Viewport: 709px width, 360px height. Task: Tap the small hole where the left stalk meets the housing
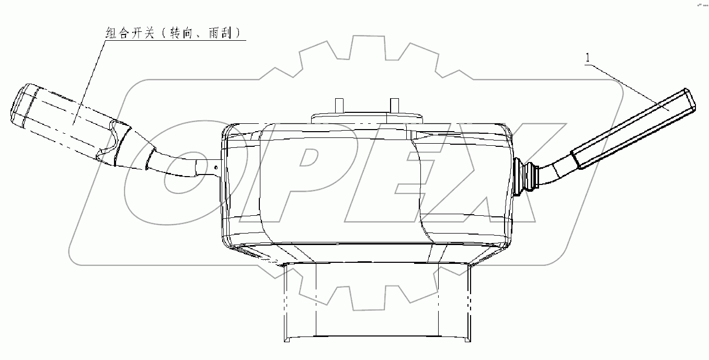(x=215, y=168)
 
